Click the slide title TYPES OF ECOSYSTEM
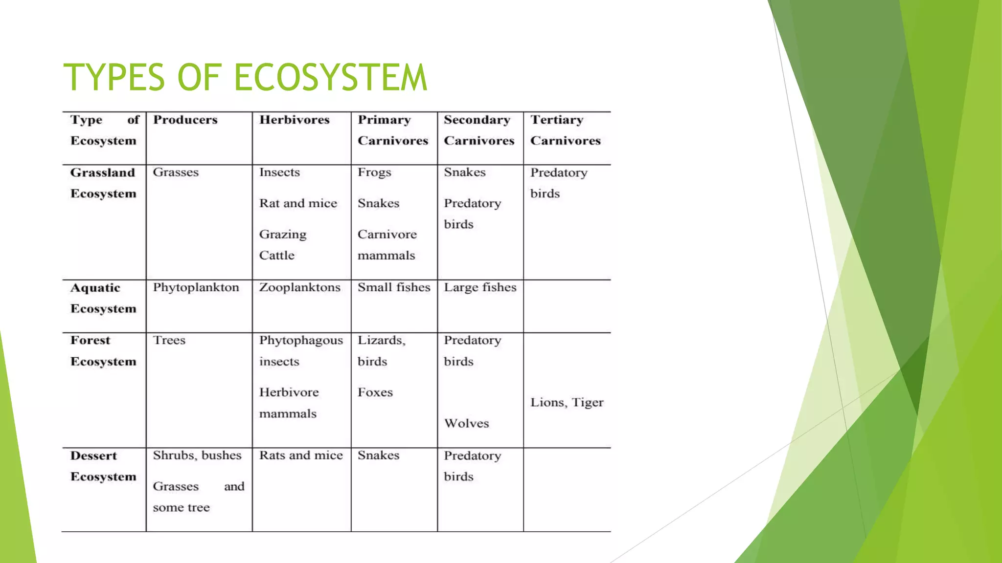pos(245,77)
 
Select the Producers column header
pos(185,120)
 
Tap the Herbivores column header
pos(294,120)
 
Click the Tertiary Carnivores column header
pos(565,130)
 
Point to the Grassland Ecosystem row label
pos(103,183)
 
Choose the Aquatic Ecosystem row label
pos(103,298)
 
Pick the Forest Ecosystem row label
pos(103,351)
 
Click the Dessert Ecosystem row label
pos(103,466)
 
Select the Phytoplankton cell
pos(196,287)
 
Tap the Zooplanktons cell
pos(299,287)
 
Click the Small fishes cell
pos(394,287)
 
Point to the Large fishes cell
pos(480,287)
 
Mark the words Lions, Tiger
pos(567,402)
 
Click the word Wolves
pos(466,423)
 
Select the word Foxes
pos(375,392)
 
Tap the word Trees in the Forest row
pos(169,340)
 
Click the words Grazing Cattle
pos(282,245)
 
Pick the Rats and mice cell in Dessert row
pos(301,455)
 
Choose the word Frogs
pos(374,173)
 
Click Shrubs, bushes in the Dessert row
pos(197,455)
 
